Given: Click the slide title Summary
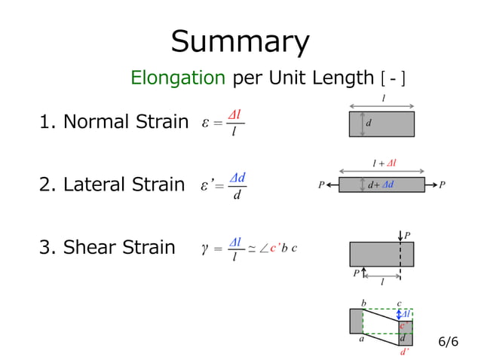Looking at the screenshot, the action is (x=240, y=42).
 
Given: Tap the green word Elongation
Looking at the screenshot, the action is (x=178, y=78).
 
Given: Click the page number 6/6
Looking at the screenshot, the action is (x=449, y=341).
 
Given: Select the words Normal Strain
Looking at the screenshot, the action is (x=126, y=121).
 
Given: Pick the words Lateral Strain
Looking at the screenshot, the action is (x=124, y=185).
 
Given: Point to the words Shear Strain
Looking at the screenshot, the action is (x=119, y=247).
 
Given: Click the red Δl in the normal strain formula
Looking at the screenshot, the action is (x=234, y=115).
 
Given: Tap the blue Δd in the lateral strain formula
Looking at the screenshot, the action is (x=237, y=178).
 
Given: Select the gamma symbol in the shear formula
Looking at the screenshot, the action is (x=205, y=248).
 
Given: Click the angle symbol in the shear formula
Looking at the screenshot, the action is (x=264, y=249).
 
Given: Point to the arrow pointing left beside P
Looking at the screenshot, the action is (x=332, y=185).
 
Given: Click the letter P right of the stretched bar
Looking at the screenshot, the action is (x=442, y=185).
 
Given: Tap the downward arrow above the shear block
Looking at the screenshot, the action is (x=400, y=236).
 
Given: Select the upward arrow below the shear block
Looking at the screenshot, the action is (x=364, y=272).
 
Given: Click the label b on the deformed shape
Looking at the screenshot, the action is (x=363, y=304).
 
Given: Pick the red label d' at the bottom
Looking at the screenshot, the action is (x=405, y=352).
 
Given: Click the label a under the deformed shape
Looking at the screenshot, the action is (x=362, y=339).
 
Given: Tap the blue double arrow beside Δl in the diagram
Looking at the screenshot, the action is (x=399, y=314).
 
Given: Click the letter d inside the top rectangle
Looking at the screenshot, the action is (x=369, y=123).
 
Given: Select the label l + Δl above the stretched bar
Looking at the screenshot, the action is (x=384, y=163).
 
